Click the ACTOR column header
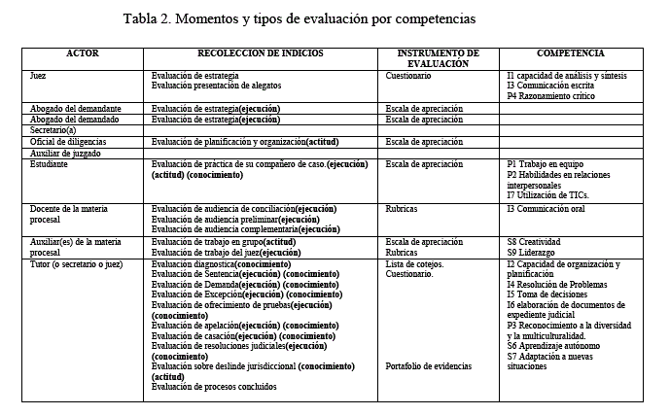(82, 53)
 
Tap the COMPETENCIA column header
(571, 53)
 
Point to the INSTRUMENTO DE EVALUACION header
(439, 58)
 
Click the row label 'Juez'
(39, 75)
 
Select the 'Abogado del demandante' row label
(75, 108)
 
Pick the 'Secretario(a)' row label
(53, 129)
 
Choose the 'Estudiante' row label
(51, 165)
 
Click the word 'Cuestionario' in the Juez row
(407, 75)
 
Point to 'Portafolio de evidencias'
(429, 366)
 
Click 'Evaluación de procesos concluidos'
(215, 387)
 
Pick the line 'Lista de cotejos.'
(414, 264)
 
